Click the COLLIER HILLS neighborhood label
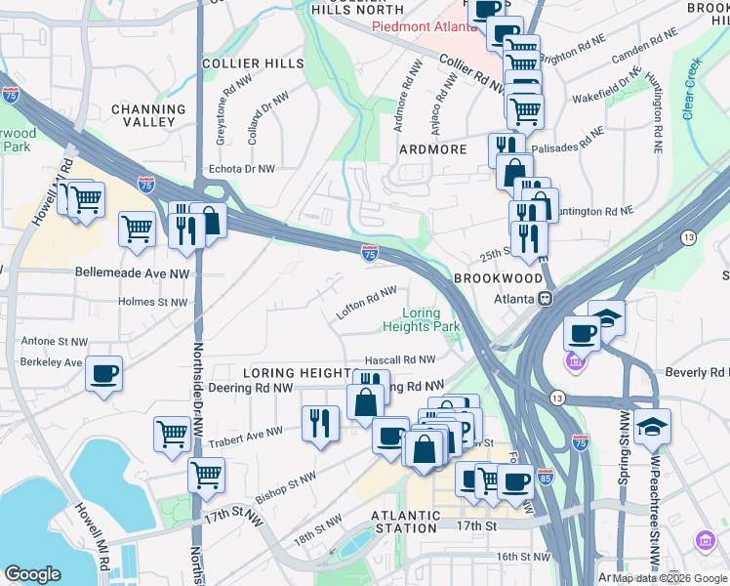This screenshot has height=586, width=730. coord(239,63)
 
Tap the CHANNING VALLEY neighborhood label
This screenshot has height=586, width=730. coord(148,116)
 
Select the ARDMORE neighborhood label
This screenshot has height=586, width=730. coord(432,150)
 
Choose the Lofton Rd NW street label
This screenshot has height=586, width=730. coord(367,301)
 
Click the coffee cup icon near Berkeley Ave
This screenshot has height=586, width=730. coord(103,374)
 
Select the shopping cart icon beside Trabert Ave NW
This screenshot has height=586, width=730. coord(173,433)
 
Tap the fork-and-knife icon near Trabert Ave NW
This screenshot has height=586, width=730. coord(320,424)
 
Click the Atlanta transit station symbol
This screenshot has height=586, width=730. coord(547,298)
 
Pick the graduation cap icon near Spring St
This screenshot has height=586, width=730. coord(652,426)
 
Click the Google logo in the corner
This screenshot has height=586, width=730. coord(34,574)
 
